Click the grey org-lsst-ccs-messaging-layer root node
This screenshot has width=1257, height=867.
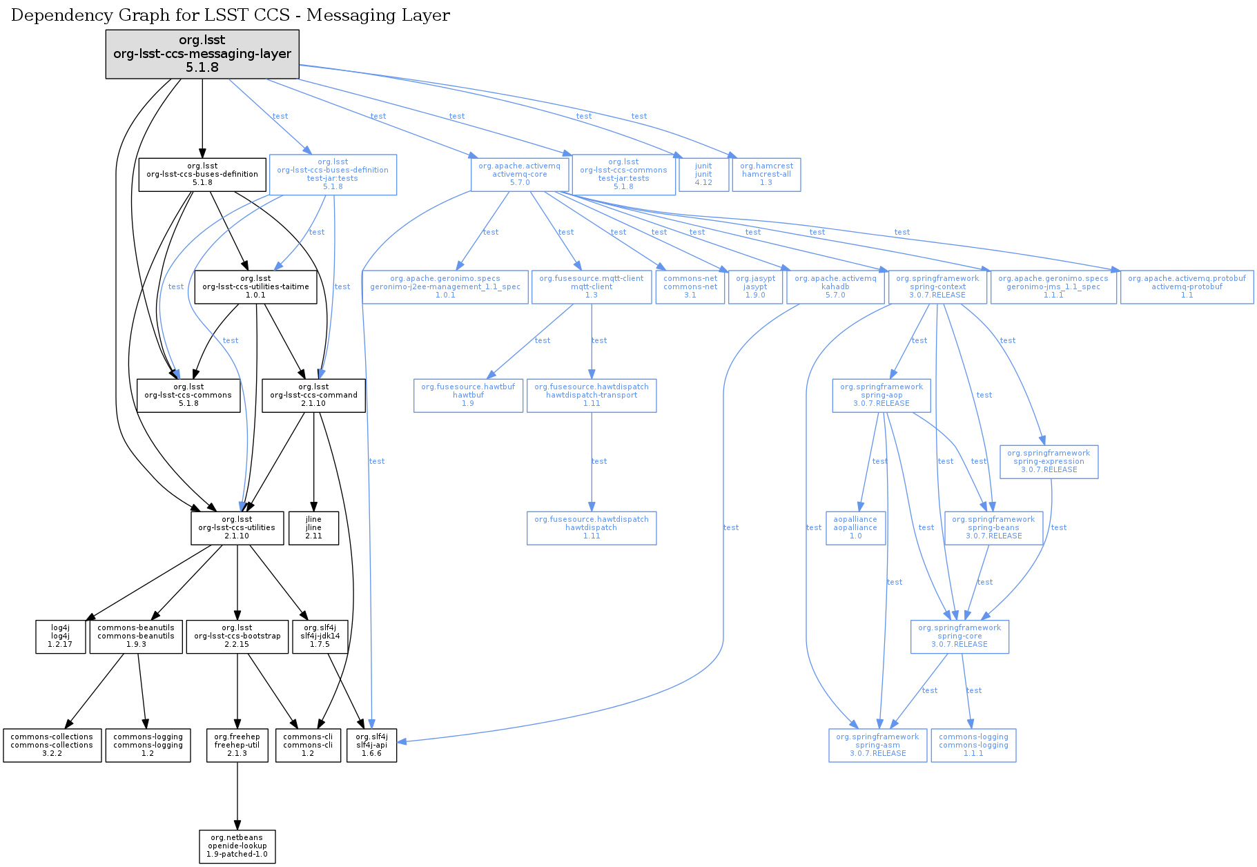[x=202, y=54]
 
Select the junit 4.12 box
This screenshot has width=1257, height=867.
[x=703, y=174]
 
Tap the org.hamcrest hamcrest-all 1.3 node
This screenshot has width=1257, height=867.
[x=766, y=174]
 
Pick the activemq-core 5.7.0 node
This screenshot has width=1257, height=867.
[x=520, y=174]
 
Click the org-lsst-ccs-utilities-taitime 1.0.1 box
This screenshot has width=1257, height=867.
[x=255, y=286]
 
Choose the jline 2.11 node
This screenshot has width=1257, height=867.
[x=313, y=527]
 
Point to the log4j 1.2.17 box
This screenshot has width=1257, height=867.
[x=60, y=636]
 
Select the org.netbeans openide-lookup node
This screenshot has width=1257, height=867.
[x=237, y=846]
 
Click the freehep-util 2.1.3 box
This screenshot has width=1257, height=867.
[x=237, y=745]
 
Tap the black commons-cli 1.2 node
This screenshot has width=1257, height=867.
[x=308, y=745]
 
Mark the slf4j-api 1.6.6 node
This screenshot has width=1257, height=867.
[x=371, y=745]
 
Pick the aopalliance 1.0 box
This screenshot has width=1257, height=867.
[x=855, y=527]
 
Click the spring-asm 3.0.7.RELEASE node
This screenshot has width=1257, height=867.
[x=877, y=745]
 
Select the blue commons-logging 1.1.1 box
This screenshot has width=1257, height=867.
[x=973, y=745]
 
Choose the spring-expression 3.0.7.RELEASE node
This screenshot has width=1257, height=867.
[x=1049, y=461]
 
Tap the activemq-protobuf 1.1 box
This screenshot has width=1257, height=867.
[x=1187, y=286]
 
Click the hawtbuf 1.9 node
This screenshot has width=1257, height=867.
[x=468, y=395]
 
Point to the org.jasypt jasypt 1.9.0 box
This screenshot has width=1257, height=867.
[x=755, y=286]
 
